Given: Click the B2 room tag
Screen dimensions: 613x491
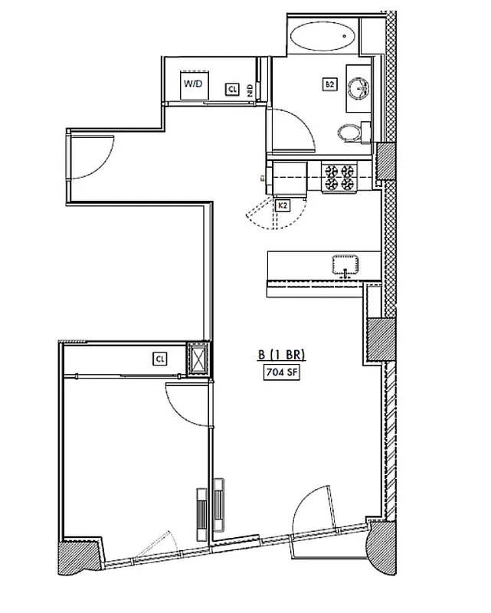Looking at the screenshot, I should (x=329, y=85).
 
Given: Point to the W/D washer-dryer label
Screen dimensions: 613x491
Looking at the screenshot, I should (x=191, y=84).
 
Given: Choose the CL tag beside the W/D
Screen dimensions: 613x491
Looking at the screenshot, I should (x=231, y=90).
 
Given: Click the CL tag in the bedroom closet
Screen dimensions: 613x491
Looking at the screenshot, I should (x=160, y=358).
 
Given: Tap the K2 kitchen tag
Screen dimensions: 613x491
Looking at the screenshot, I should (x=282, y=205).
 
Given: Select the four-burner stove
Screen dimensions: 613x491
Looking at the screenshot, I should (x=338, y=177).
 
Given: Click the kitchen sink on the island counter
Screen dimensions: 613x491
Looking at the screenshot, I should (x=346, y=265).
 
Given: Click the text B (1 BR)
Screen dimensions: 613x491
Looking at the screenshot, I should (x=281, y=355).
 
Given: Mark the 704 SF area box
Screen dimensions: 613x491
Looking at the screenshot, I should (x=281, y=373).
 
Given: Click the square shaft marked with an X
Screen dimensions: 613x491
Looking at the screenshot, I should (x=198, y=359).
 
